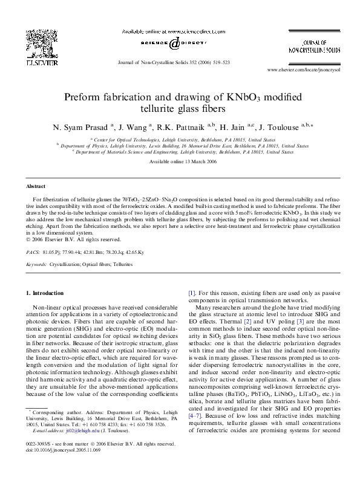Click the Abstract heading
(36, 187)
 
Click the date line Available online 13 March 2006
(180, 163)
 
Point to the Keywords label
(38, 265)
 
